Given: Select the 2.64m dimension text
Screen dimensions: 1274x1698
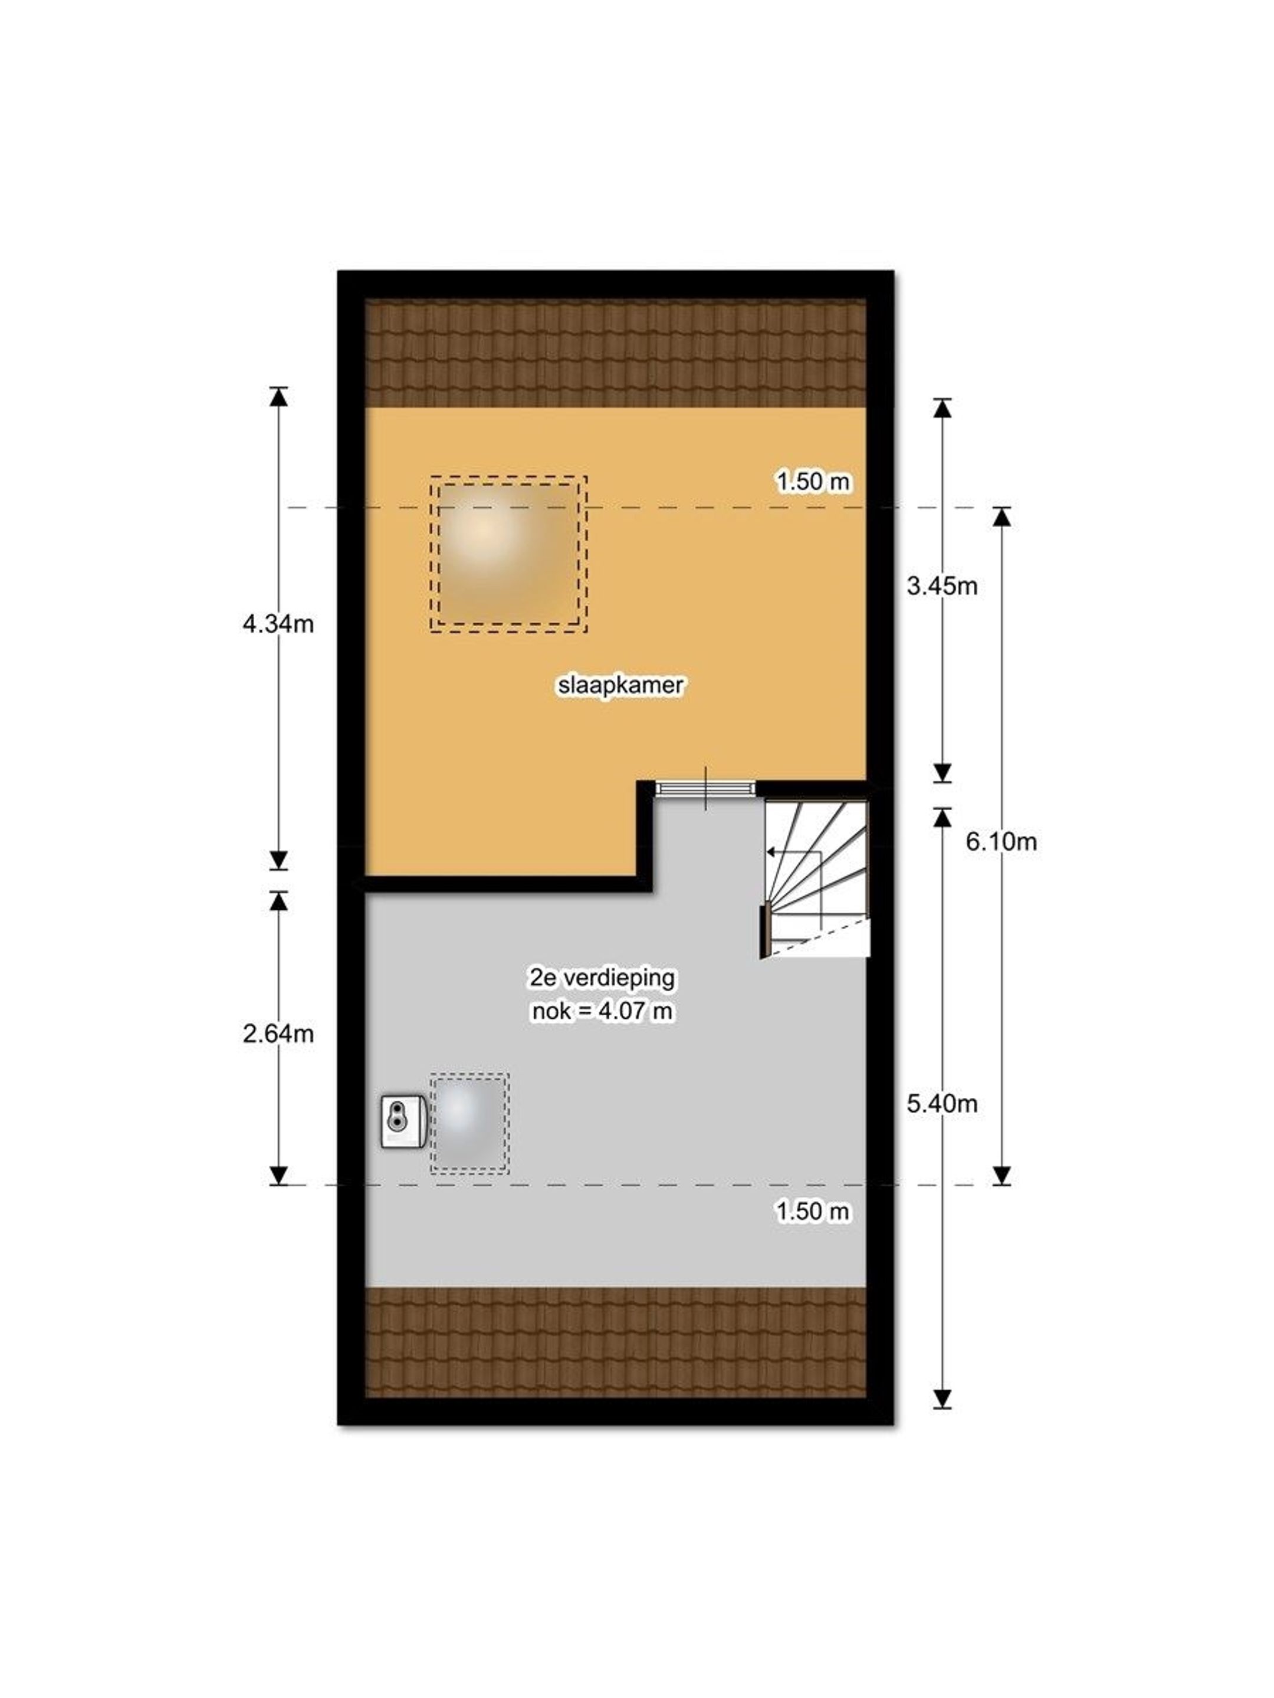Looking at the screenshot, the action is click(278, 1034).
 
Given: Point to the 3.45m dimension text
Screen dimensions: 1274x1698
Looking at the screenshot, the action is click(941, 587).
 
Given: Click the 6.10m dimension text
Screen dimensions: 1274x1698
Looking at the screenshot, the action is click(1000, 842).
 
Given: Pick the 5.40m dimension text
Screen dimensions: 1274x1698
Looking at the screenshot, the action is click(941, 1104).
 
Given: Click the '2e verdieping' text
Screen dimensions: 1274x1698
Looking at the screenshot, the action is click(603, 978).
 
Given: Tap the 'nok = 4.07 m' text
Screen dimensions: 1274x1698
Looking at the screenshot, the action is click(603, 1012).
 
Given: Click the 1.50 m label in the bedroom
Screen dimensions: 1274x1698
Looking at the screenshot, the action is click(813, 481).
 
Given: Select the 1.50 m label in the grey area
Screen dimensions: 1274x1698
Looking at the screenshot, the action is click(813, 1212).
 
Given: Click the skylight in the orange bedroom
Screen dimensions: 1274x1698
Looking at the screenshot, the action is click(508, 554).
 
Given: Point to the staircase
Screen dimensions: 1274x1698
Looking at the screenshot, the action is click(816, 878).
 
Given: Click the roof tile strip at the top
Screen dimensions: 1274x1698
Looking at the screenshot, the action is click(615, 353).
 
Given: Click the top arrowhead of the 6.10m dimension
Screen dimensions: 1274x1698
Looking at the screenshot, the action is click(1000, 516).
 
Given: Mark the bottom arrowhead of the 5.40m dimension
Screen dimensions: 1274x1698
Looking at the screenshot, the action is click(941, 1398).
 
